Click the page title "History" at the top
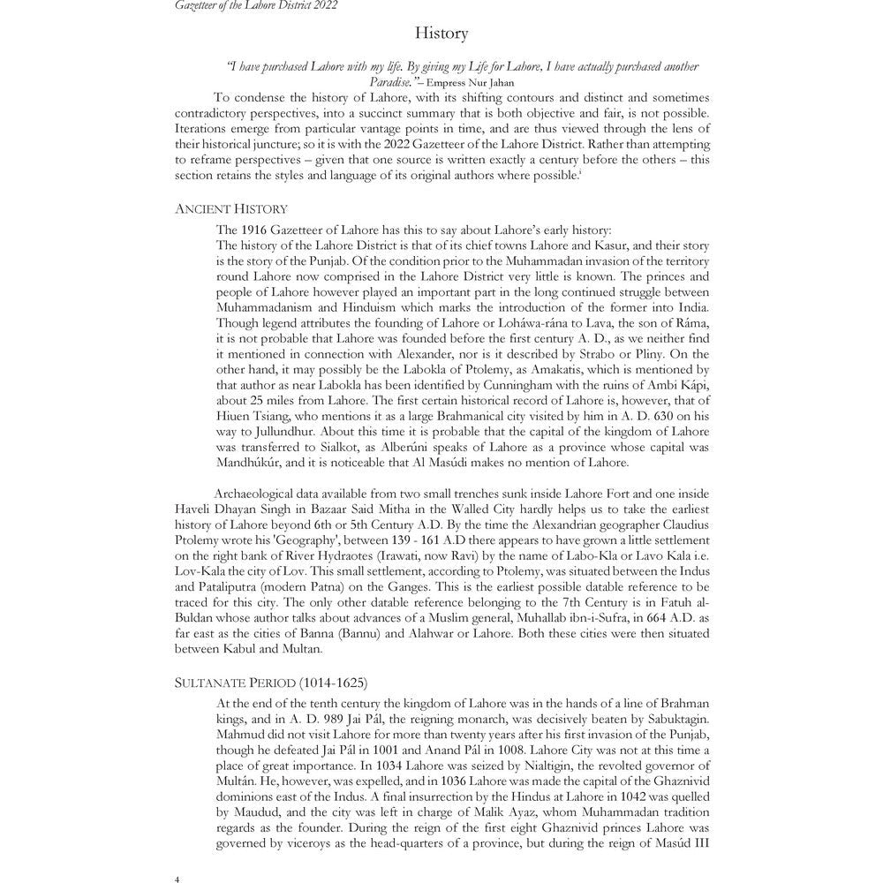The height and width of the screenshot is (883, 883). click(441, 34)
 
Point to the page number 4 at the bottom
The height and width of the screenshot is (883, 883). click(177, 879)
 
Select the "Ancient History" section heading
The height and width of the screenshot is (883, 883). click(230, 209)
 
